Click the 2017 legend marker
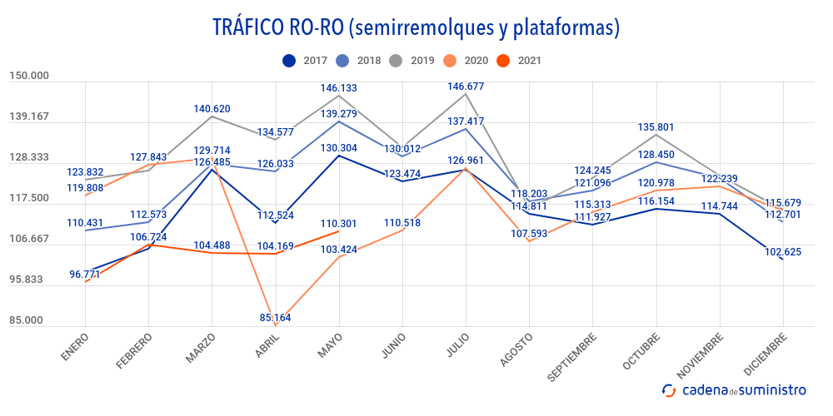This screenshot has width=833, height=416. click(289, 60)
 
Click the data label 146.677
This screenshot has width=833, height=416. click(466, 87)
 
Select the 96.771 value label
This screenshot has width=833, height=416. click(87, 274)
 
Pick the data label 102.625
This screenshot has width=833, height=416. click(782, 252)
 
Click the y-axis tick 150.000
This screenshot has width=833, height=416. click(29, 76)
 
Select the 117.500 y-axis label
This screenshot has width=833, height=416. click(29, 198)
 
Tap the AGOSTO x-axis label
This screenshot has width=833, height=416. click(516, 350)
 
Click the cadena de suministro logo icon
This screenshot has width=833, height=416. click(669, 389)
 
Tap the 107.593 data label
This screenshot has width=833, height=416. click(529, 234)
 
